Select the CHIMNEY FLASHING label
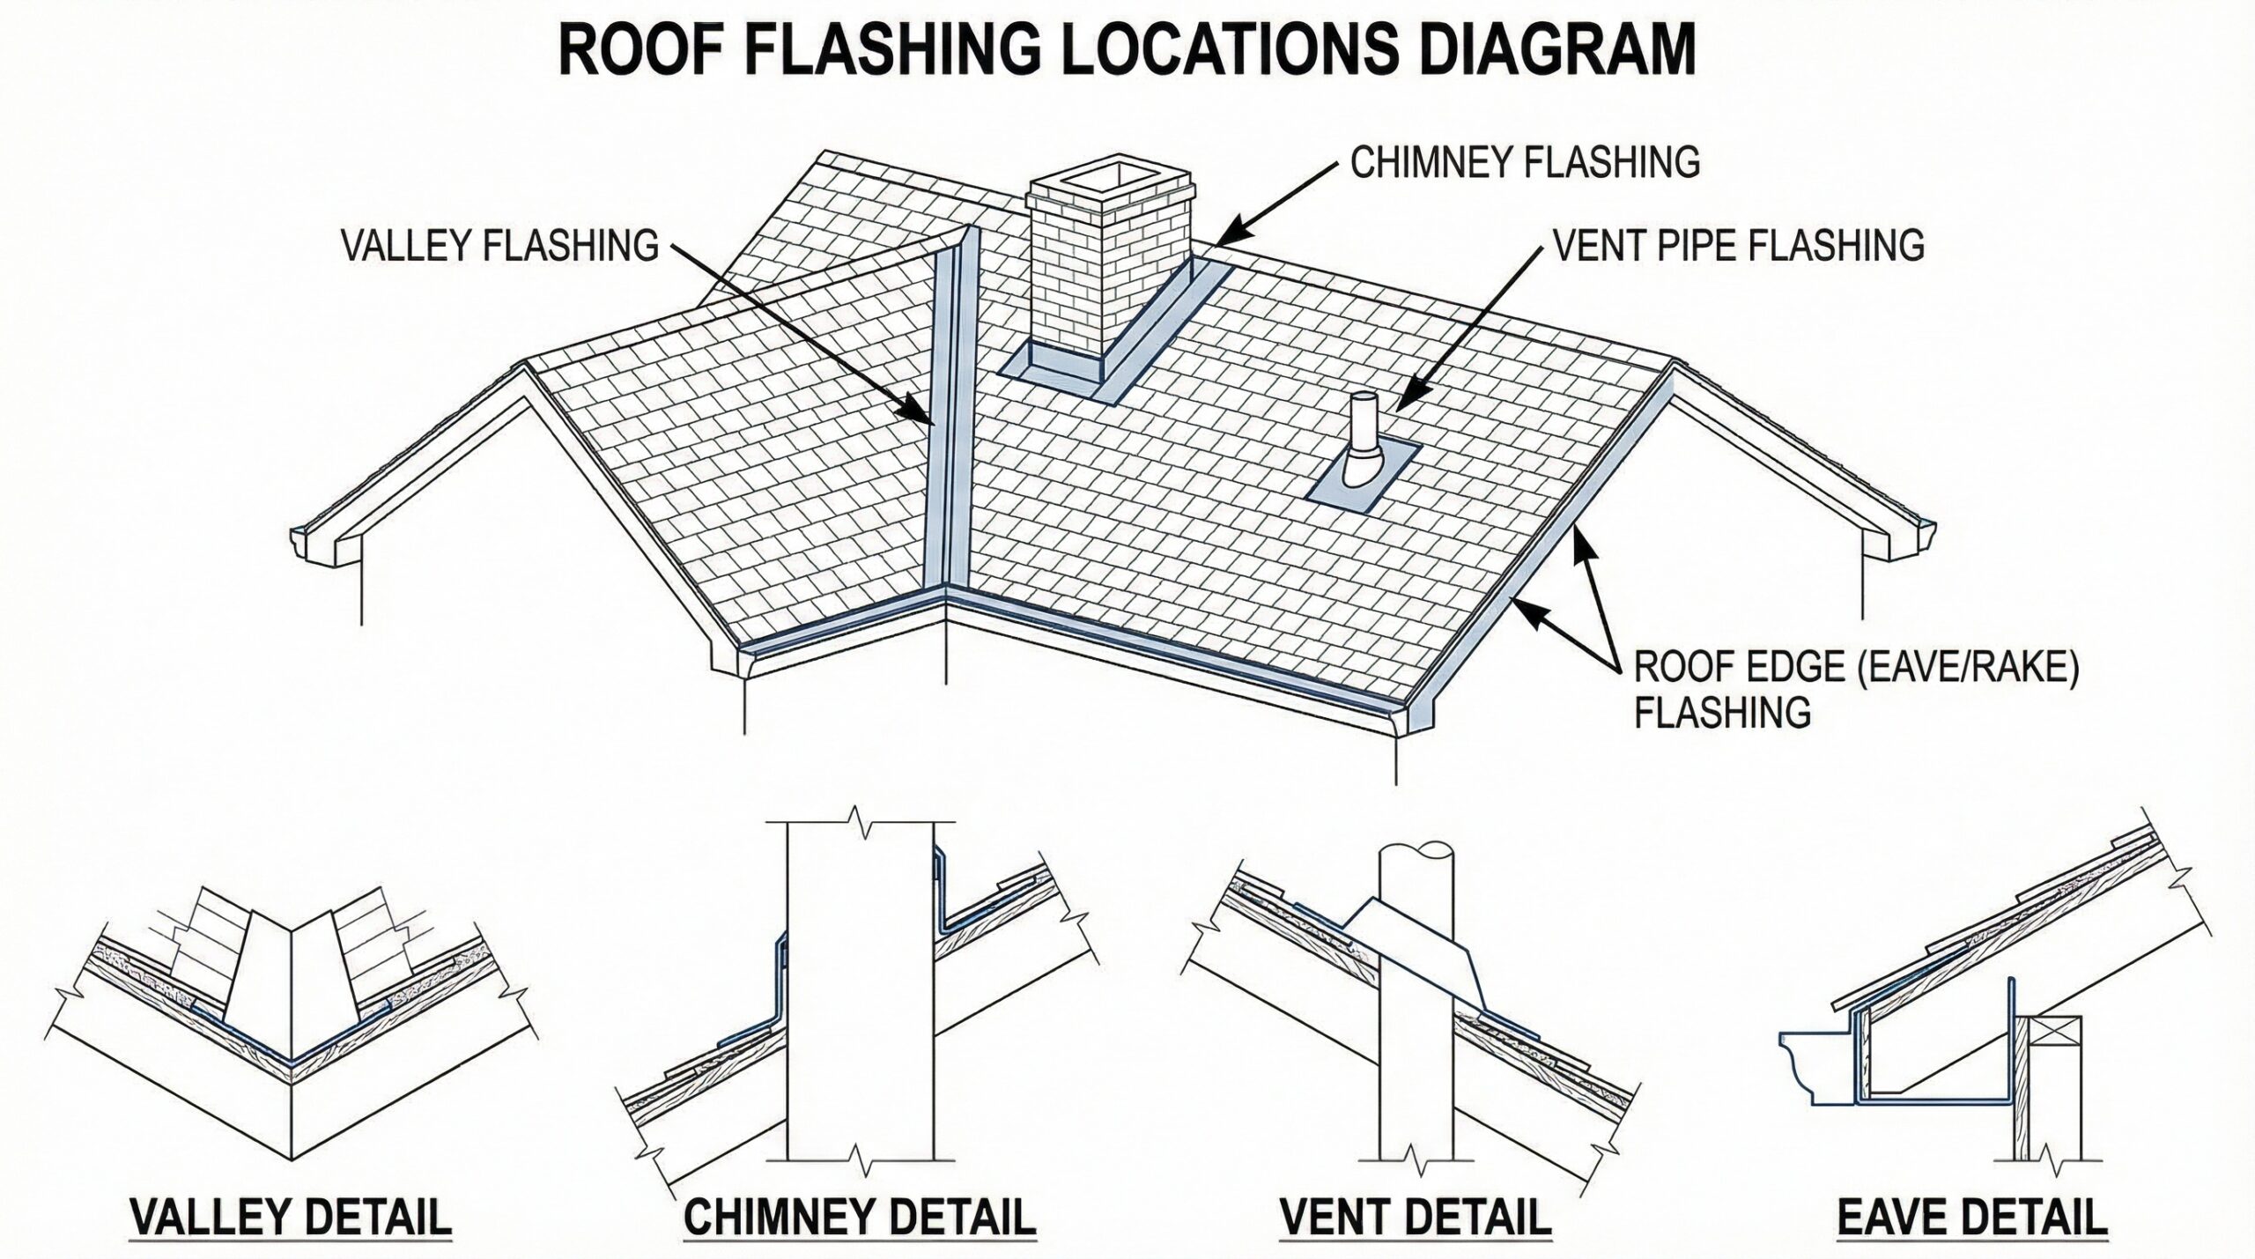coord(1525,163)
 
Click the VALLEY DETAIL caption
coord(291,1217)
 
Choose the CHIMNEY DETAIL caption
coord(860,1217)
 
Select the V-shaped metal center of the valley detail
coord(291,996)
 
